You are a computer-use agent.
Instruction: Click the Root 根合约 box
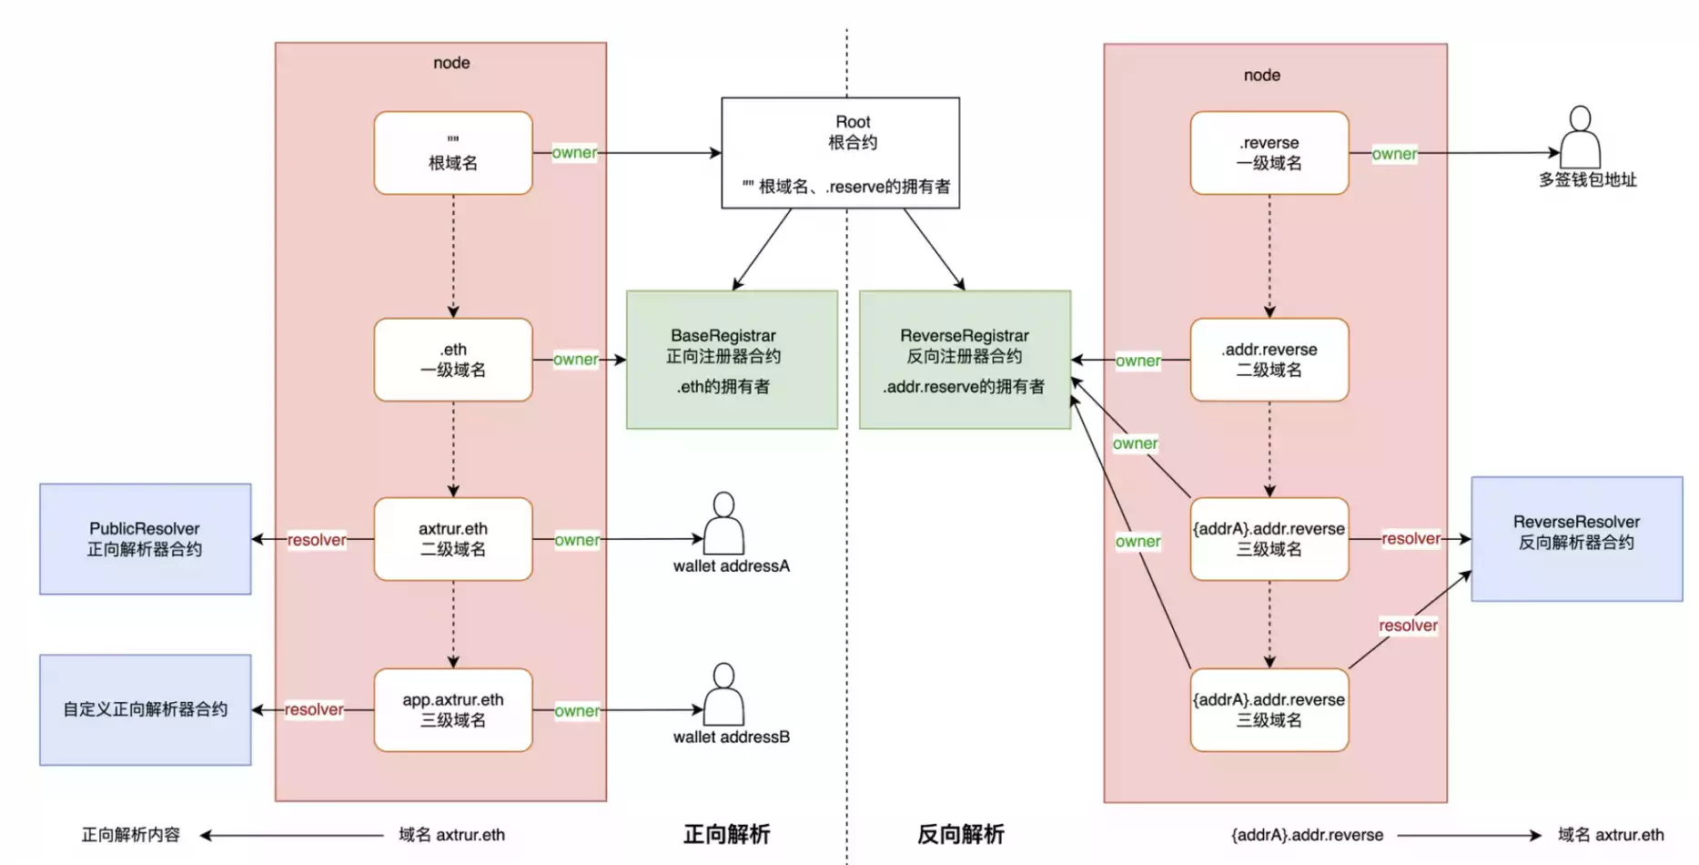(x=840, y=153)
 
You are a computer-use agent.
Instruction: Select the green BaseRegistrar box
(x=732, y=360)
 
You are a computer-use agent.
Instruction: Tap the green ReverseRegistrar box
(x=965, y=360)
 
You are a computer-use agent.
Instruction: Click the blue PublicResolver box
(x=145, y=539)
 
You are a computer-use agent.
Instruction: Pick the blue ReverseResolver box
(x=1576, y=538)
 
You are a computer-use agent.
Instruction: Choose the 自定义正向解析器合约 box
(x=145, y=709)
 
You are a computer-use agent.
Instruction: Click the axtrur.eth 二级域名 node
(x=453, y=539)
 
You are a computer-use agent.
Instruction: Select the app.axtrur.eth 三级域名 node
(x=453, y=709)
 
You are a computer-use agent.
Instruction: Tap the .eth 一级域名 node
(x=453, y=360)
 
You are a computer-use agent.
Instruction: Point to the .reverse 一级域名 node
(x=1269, y=153)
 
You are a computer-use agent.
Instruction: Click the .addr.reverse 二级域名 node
(x=1269, y=360)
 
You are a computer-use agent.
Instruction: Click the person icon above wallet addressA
(x=723, y=523)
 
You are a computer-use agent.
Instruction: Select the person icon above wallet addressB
(x=723, y=694)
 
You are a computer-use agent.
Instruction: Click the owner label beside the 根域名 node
(x=574, y=152)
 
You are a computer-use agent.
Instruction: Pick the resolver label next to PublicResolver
(x=317, y=540)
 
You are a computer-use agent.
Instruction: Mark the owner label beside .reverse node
(x=1394, y=154)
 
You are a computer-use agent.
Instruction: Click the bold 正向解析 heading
(x=726, y=834)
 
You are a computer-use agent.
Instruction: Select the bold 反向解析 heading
(x=960, y=834)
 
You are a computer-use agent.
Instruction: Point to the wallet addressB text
(x=731, y=737)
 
